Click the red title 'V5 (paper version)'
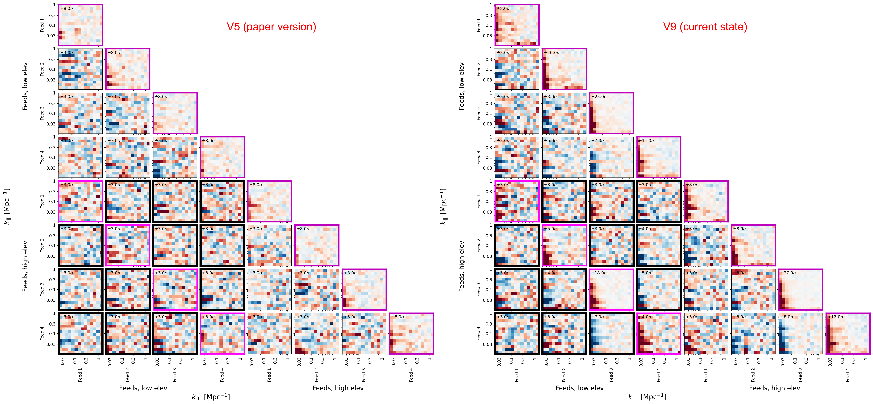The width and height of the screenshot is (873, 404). (271, 27)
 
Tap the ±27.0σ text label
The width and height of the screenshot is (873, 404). (788, 273)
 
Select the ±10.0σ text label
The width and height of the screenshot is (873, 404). (552, 52)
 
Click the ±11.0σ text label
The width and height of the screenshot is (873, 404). (646, 141)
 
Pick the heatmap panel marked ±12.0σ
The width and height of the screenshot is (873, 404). (848, 336)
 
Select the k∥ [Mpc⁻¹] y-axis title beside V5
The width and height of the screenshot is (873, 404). (7, 207)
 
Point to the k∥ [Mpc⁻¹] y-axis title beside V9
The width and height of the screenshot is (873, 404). (443, 207)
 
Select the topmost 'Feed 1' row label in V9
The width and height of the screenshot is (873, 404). (479, 25)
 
